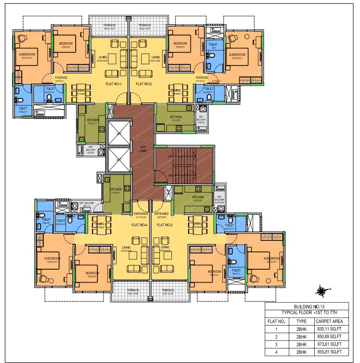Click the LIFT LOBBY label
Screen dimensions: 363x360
[x=143, y=149]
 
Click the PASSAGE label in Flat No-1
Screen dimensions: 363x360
[x=61, y=78]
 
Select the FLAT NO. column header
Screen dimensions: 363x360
[x=276, y=321]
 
